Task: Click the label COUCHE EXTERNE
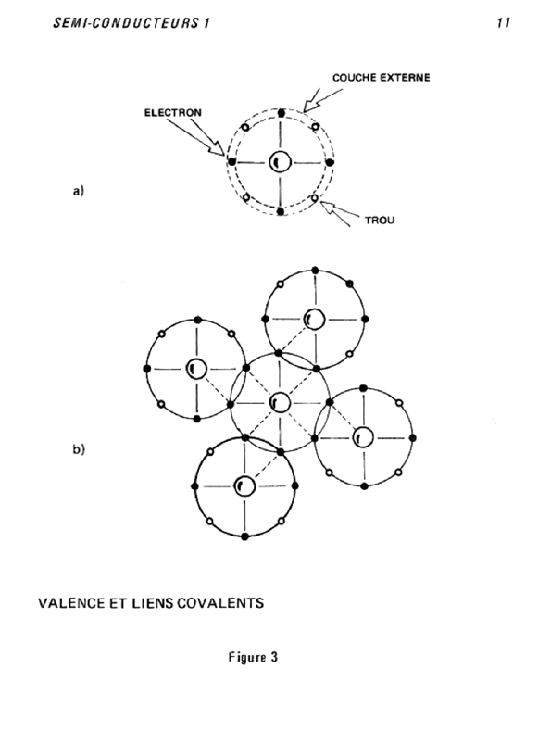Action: coord(381,78)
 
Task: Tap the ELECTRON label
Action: coord(173,112)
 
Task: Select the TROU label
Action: coord(379,221)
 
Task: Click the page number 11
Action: coord(503,23)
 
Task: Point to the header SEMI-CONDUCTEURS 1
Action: coord(131,23)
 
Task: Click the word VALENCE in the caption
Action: coord(71,603)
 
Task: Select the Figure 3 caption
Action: coord(253,657)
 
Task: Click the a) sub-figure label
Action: coord(79,191)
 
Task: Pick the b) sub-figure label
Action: coord(79,449)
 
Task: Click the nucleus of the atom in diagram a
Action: coord(280,162)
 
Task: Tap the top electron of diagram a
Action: coord(281,113)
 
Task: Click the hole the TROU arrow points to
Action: coord(315,198)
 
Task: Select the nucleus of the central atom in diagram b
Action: coord(280,402)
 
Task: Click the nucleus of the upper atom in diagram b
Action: coord(314,320)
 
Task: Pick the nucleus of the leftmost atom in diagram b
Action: coord(196,369)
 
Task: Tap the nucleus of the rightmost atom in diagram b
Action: coord(363,437)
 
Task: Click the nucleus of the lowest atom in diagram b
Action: coord(244,486)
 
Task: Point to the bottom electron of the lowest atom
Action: coord(245,537)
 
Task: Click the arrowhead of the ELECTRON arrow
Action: coord(219,149)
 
